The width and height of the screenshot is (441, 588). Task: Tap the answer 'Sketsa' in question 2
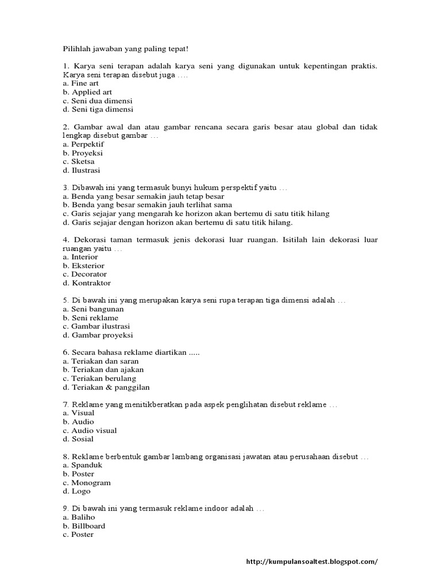[83, 162]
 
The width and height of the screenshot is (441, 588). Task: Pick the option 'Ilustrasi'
[86, 171]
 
